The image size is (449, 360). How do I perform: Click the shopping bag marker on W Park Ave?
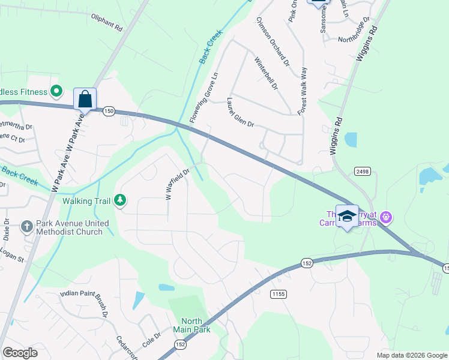click(x=85, y=99)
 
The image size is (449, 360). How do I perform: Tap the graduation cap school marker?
click(x=347, y=216)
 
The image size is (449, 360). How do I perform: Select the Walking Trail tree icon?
click(x=121, y=199)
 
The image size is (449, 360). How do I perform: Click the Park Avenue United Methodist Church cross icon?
click(x=26, y=227)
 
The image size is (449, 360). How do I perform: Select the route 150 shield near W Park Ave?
click(x=109, y=111)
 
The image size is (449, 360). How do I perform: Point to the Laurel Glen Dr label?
click(x=240, y=112)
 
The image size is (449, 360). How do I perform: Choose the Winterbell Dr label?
click(x=266, y=73)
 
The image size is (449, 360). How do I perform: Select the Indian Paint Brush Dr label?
click(x=84, y=303)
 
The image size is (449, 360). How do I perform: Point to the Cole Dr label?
click(x=152, y=340)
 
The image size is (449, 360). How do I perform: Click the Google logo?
click(x=20, y=353)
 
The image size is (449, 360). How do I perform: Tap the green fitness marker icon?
click(x=56, y=92)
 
